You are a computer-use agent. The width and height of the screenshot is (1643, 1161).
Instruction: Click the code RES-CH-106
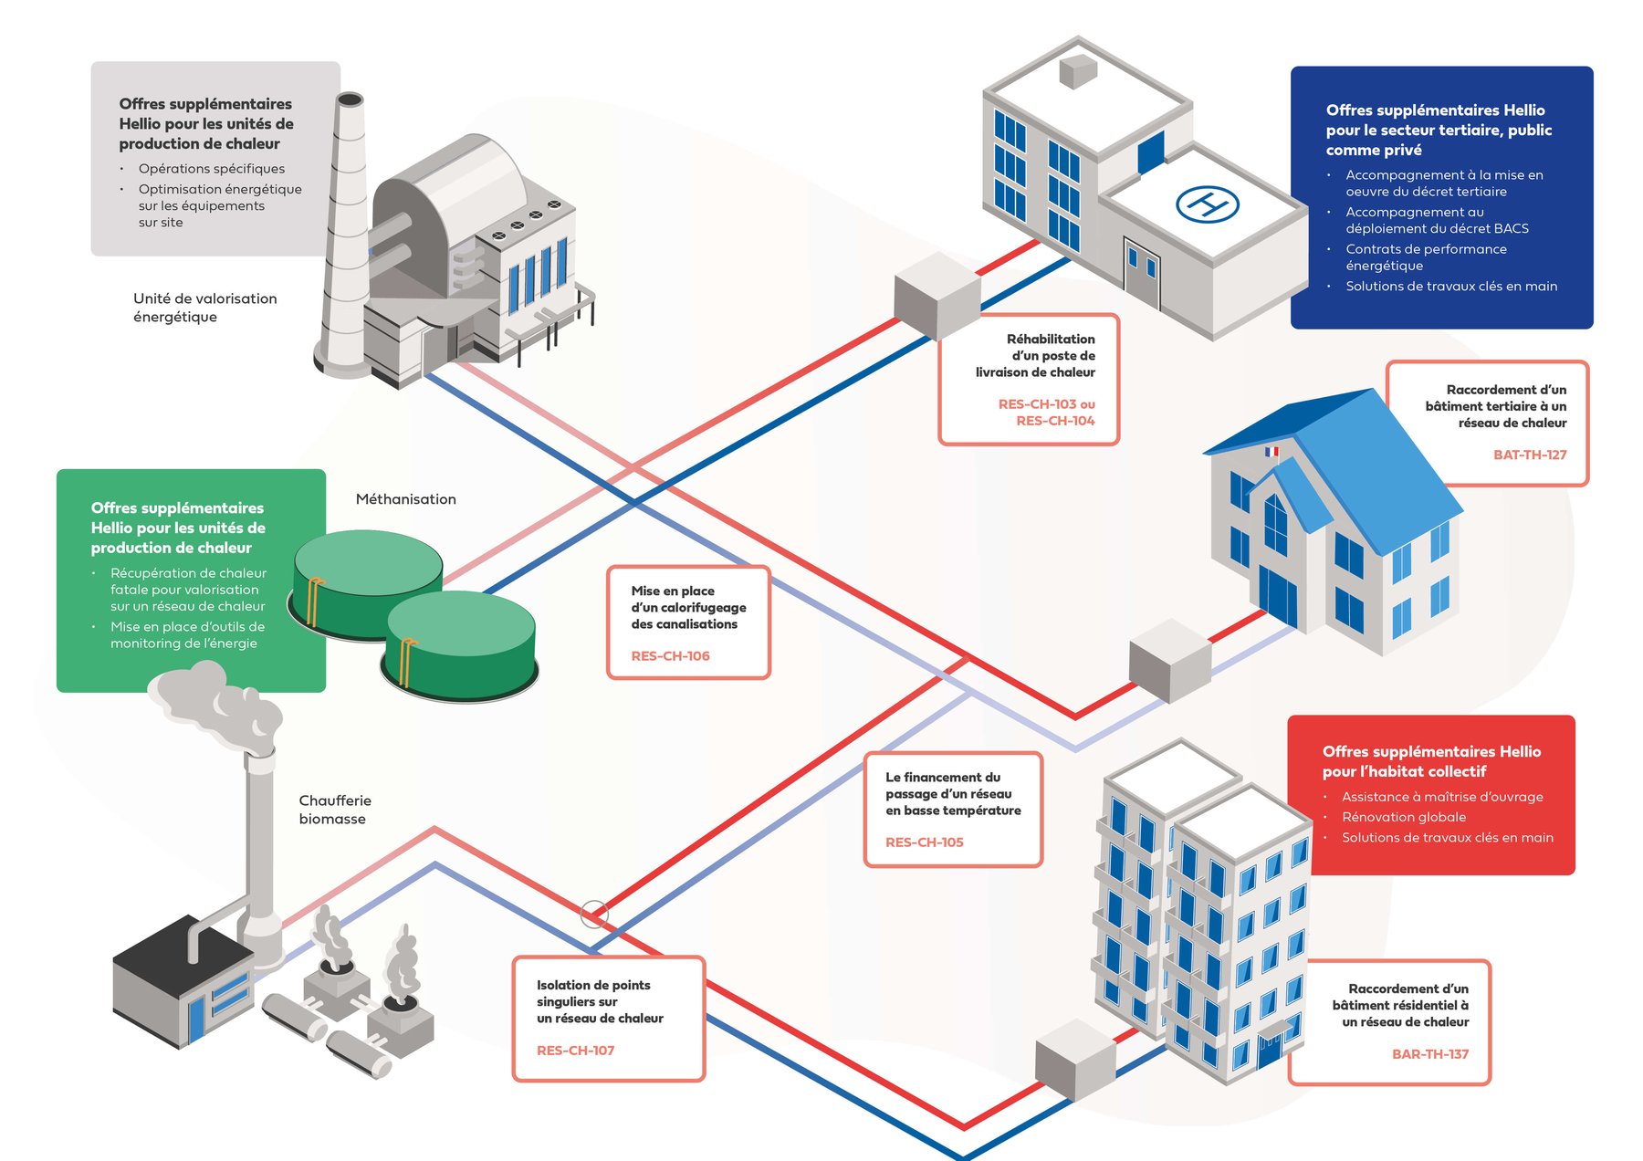click(x=670, y=655)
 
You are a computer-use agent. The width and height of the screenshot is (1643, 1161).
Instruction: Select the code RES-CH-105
click(x=924, y=842)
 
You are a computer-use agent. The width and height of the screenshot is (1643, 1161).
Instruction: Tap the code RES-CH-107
click(x=575, y=1050)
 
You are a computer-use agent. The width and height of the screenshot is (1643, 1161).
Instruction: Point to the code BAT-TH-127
click(x=1529, y=455)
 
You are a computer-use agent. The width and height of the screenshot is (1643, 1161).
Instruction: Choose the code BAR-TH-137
click(x=1429, y=1053)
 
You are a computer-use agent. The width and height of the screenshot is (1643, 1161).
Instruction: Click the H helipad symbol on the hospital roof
click(x=1207, y=204)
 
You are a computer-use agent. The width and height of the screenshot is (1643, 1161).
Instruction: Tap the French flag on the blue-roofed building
click(x=1271, y=451)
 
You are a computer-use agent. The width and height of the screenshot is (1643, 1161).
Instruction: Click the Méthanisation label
click(x=405, y=499)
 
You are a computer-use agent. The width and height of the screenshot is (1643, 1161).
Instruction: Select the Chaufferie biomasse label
click(x=334, y=810)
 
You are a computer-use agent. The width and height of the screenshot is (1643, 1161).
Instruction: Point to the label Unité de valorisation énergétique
click(x=204, y=308)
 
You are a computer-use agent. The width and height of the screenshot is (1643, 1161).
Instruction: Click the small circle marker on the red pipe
click(x=594, y=913)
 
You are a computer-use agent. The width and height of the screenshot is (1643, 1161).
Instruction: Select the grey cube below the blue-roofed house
click(x=1169, y=660)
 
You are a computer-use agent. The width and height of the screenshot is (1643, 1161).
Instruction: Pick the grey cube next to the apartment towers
click(x=1075, y=1060)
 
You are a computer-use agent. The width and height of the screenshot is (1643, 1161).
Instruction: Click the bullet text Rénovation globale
click(x=1403, y=817)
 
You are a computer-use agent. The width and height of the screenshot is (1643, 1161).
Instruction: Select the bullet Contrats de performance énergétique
click(x=1426, y=257)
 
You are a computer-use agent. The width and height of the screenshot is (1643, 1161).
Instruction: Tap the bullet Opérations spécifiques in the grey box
click(x=211, y=169)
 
